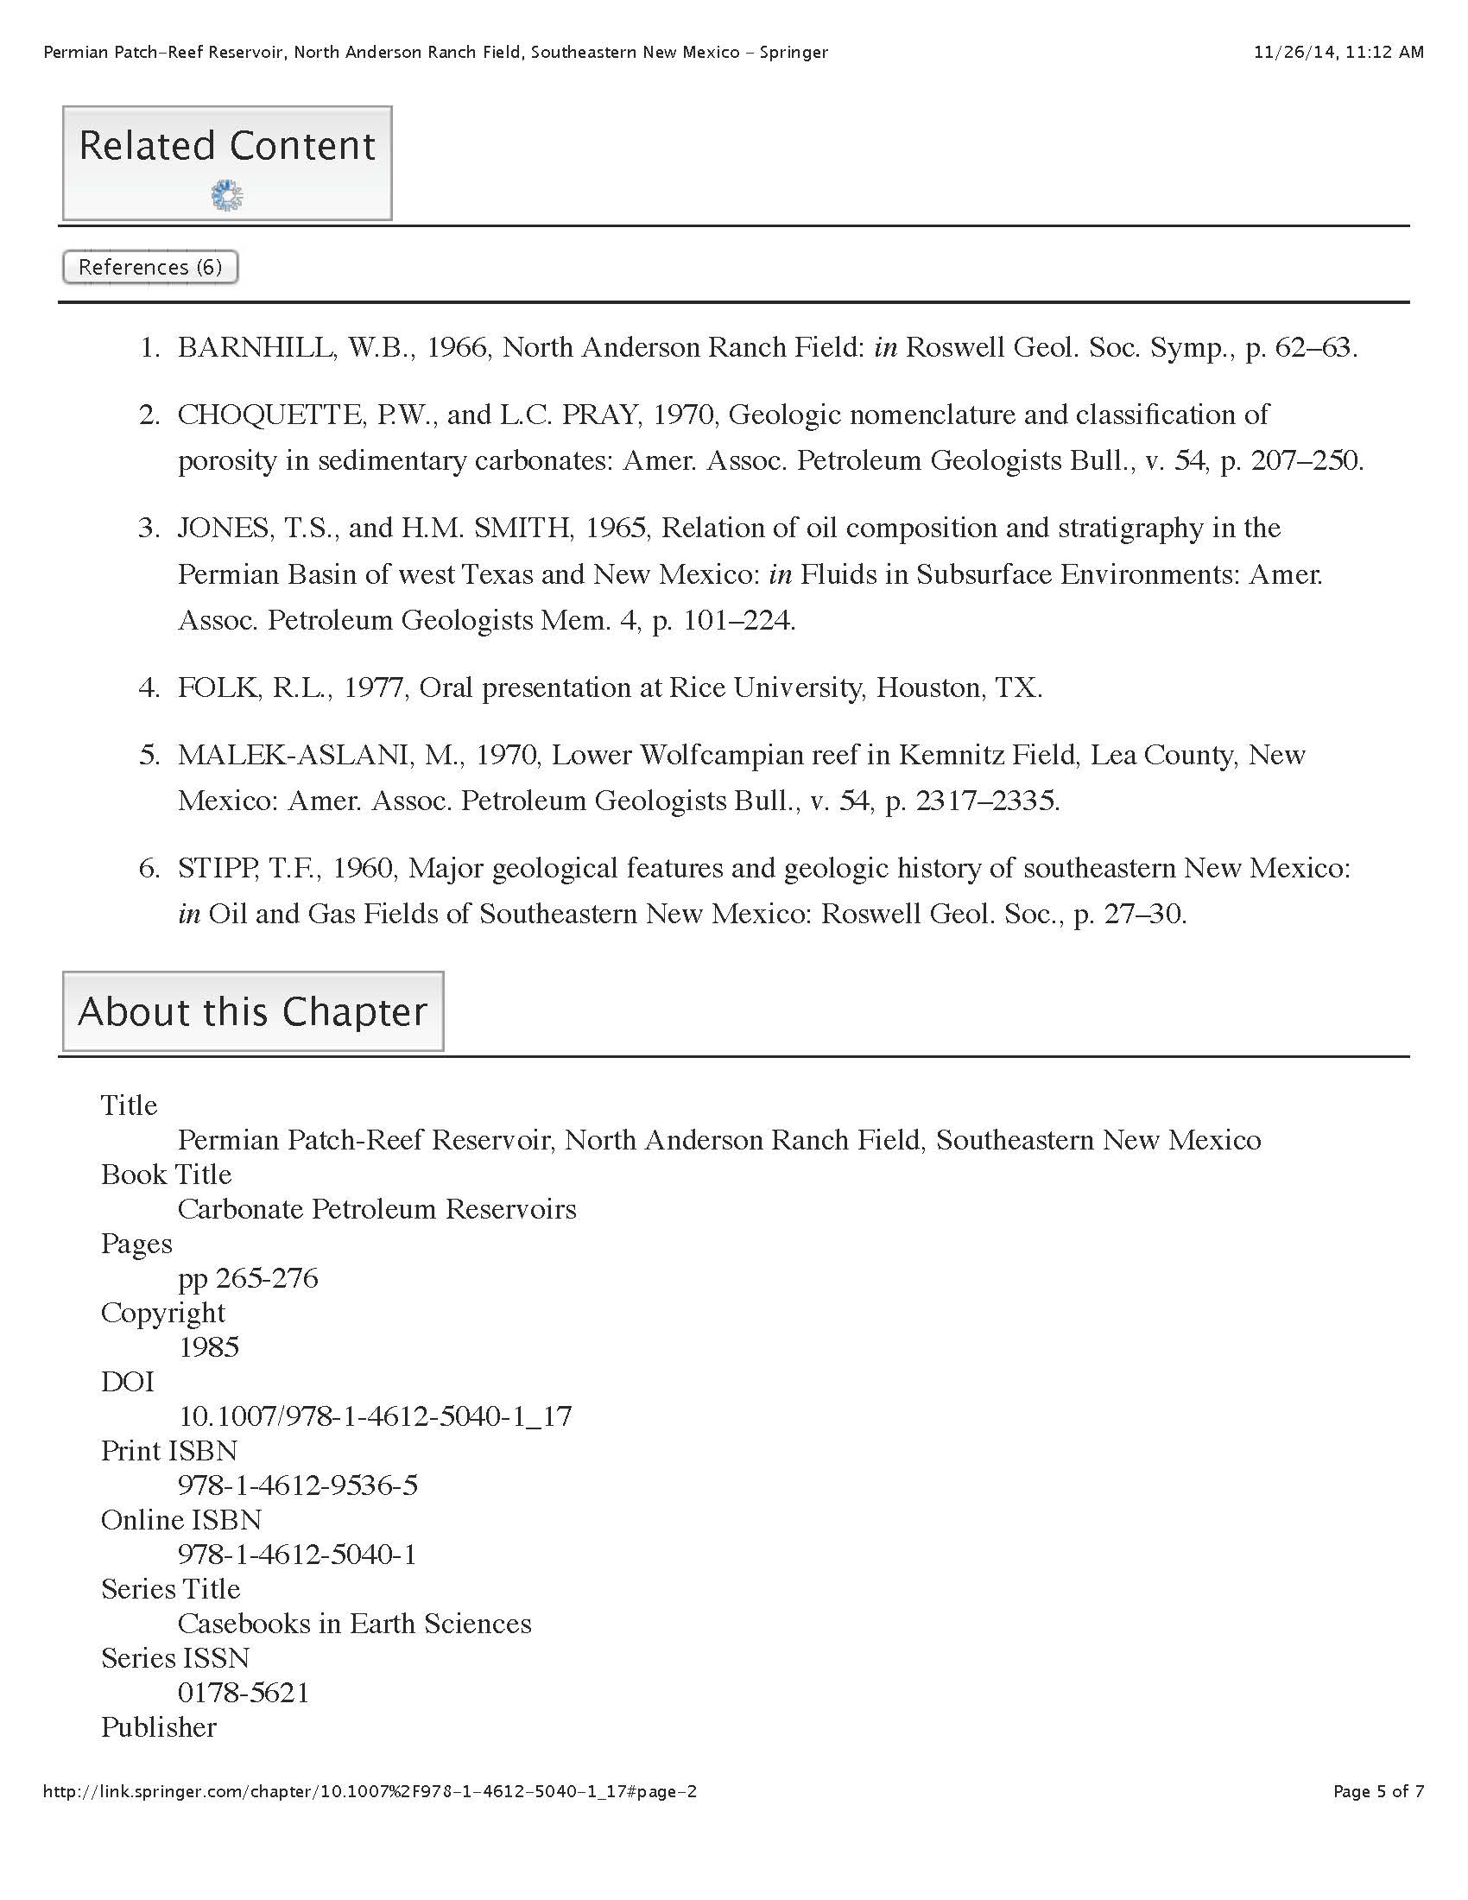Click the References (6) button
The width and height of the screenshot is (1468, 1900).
point(150,267)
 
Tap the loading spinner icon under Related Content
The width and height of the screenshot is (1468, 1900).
point(227,196)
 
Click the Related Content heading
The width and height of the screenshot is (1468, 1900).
point(227,145)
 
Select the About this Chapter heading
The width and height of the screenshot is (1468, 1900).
point(252,1012)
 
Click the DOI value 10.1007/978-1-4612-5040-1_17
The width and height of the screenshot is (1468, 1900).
point(375,1416)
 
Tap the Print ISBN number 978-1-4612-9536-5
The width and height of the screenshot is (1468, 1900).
point(297,1485)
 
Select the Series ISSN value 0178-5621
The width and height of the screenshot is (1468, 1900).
point(244,1692)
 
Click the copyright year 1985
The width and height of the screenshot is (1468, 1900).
point(209,1347)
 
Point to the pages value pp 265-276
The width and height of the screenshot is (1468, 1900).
point(248,1278)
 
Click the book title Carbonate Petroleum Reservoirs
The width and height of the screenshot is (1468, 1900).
point(376,1209)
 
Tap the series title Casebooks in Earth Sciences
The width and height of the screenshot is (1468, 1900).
point(354,1624)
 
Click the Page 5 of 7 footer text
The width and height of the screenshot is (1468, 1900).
point(1378,1791)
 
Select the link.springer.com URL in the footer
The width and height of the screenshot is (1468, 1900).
point(370,1791)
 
